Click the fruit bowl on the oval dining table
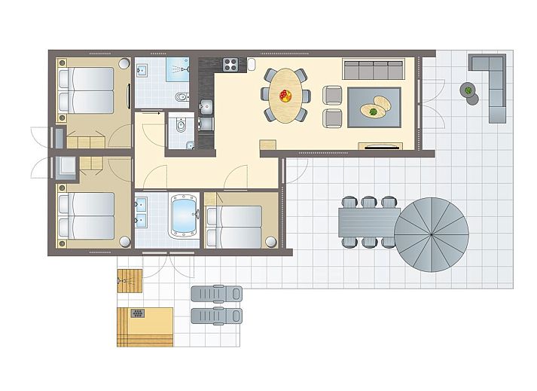click(285, 95)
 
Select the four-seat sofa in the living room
click(374, 69)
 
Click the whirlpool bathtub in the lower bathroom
click(184, 216)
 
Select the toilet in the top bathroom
click(181, 98)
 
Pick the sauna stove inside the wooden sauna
click(138, 312)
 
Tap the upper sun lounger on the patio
click(217, 292)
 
